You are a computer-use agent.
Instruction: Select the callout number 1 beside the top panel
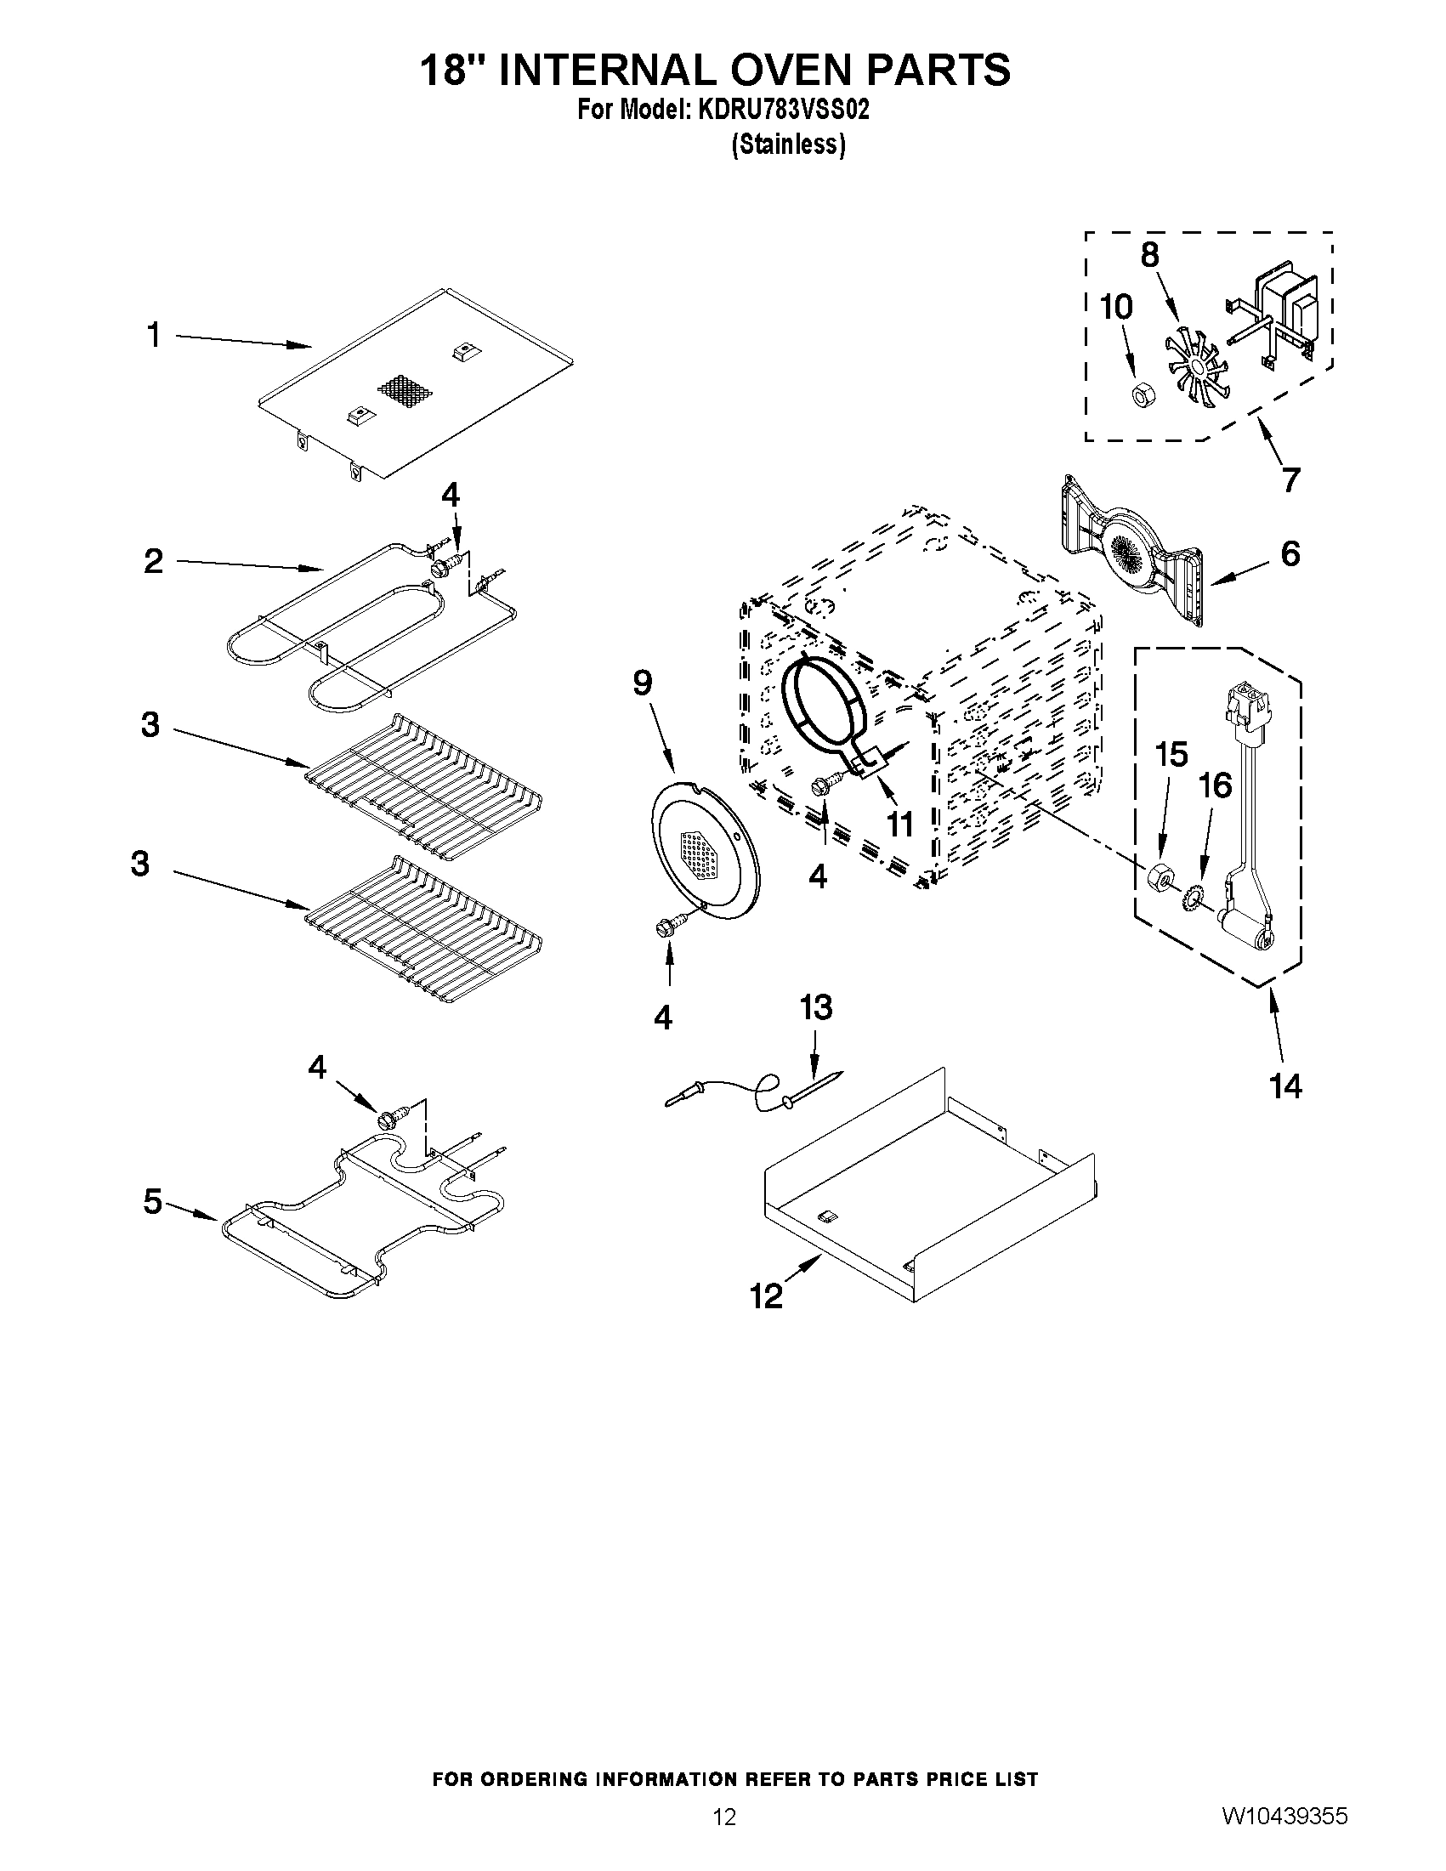(153, 335)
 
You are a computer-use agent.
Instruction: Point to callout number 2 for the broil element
(153, 561)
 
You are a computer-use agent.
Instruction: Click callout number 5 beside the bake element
(152, 1202)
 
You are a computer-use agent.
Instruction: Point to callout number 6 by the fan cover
(1290, 553)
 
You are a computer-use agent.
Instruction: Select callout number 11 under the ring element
(899, 824)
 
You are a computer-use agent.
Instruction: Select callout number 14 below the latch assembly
(1286, 1086)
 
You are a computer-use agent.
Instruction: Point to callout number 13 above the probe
(815, 1007)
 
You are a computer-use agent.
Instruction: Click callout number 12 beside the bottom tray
(767, 1296)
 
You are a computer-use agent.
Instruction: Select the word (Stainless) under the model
(787, 145)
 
